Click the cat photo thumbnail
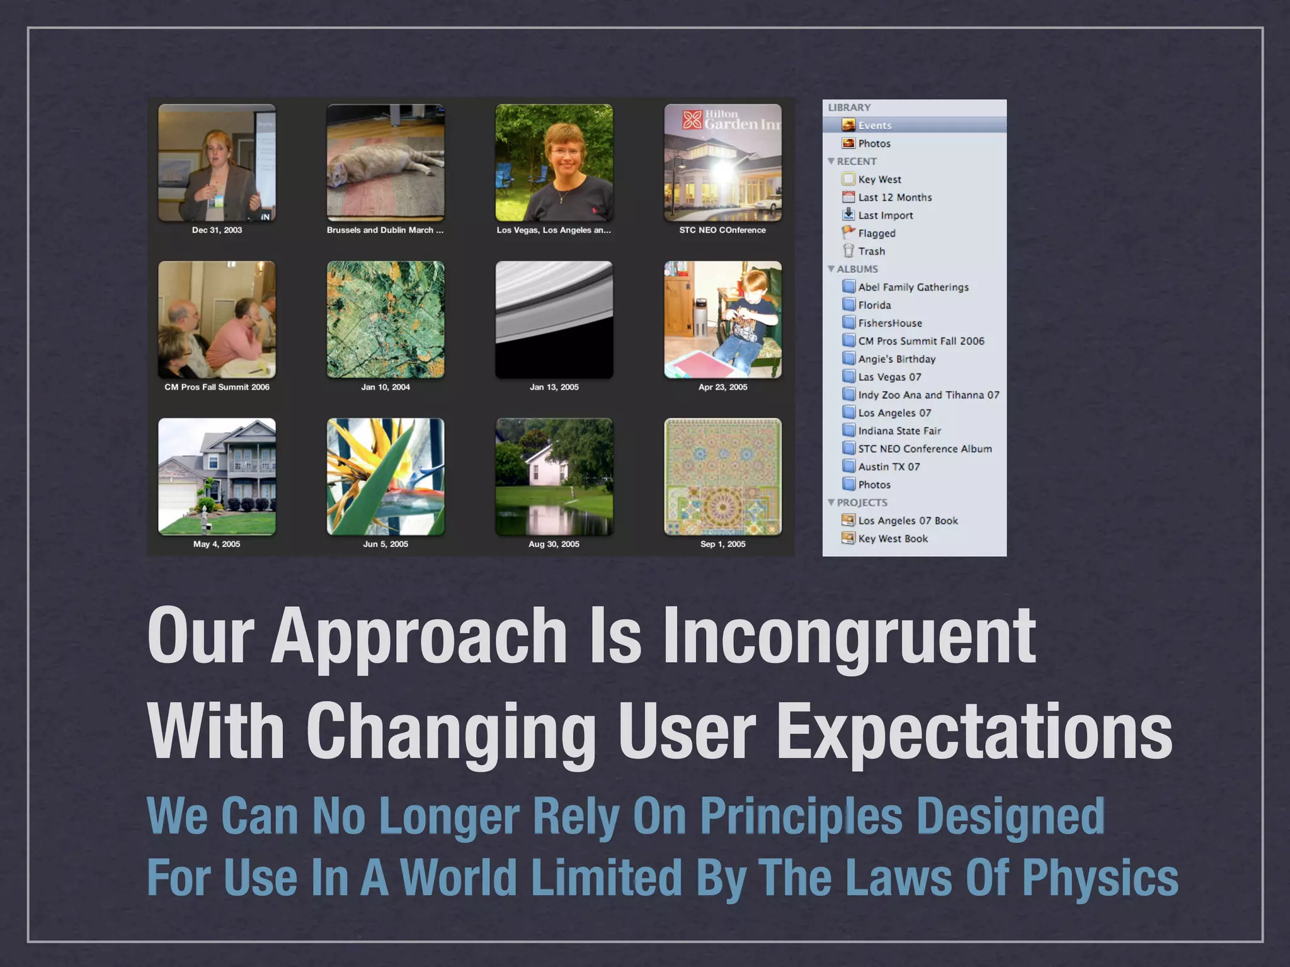click(x=385, y=162)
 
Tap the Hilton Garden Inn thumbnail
click(x=722, y=162)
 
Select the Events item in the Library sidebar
click(x=874, y=125)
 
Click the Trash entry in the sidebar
click(x=871, y=251)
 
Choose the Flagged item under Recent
click(x=876, y=233)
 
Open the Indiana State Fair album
click(x=899, y=431)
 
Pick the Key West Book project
click(x=893, y=538)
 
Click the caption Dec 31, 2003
click(x=217, y=230)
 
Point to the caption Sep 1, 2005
click(x=722, y=544)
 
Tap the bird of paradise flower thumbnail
click(x=385, y=477)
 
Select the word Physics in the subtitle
click(x=1100, y=878)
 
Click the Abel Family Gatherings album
click(x=913, y=287)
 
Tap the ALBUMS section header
click(x=857, y=269)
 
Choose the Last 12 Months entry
click(x=894, y=197)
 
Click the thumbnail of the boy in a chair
click(x=722, y=320)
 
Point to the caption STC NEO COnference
click(x=722, y=230)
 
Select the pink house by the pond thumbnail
click(x=554, y=477)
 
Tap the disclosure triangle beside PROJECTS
click(x=831, y=502)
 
